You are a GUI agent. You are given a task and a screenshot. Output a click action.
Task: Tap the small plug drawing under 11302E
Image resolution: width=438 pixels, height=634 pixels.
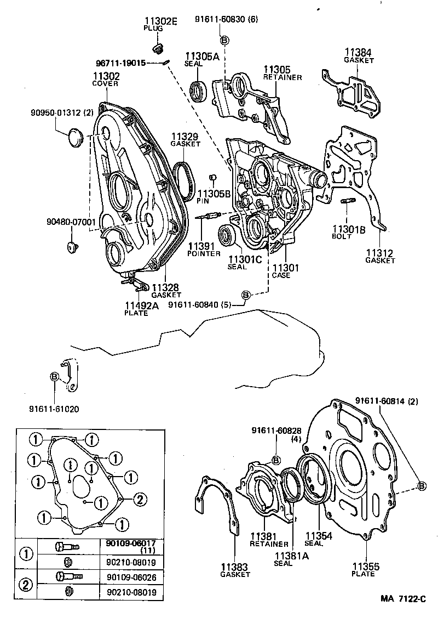pos(160,49)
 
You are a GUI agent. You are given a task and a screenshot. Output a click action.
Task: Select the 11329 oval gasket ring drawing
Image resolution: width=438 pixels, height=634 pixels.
pos(183,180)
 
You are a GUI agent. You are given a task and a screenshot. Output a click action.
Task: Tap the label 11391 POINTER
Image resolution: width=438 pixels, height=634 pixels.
pos(203,250)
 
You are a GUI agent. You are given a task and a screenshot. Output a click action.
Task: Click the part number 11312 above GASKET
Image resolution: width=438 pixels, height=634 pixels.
pos(380,253)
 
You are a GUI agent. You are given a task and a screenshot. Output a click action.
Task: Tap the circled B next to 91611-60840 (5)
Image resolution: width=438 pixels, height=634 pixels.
pos(246,295)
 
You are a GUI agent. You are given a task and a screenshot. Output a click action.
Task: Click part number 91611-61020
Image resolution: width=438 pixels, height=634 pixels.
pos(53,409)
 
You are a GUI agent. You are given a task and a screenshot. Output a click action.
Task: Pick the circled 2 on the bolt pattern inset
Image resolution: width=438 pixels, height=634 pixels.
pos(139,499)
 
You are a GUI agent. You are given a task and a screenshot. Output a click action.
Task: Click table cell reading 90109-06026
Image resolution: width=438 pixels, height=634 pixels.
pos(130,577)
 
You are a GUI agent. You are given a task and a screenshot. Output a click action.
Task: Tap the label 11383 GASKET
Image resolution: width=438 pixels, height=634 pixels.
pos(235,570)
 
